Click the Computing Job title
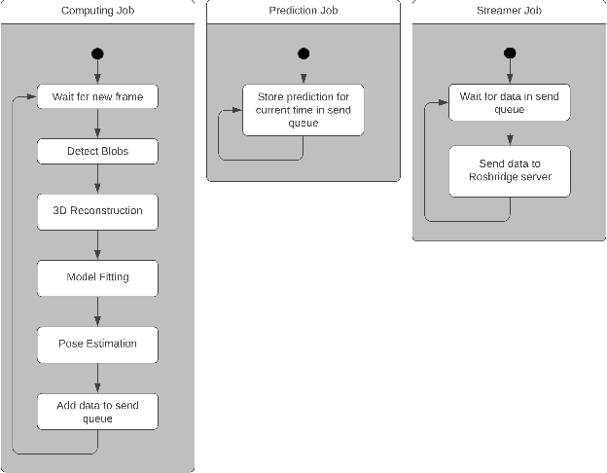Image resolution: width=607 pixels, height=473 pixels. (x=97, y=11)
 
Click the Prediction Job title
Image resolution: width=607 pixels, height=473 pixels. (x=303, y=11)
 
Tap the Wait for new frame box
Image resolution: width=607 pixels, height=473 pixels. (x=97, y=97)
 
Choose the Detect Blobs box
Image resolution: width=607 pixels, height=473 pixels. (x=97, y=152)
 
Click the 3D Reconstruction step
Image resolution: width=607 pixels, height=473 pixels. (x=97, y=211)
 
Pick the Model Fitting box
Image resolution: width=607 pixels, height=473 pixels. (x=97, y=277)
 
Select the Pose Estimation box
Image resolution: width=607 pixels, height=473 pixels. (x=97, y=344)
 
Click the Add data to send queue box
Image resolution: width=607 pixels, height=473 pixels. (x=97, y=411)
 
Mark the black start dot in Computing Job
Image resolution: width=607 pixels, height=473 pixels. (x=97, y=54)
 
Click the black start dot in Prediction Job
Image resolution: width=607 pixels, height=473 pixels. (x=303, y=54)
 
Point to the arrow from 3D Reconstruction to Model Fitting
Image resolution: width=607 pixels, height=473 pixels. (x=97, y=244)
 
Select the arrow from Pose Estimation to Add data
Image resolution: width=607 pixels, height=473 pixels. (x=97, y=377)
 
